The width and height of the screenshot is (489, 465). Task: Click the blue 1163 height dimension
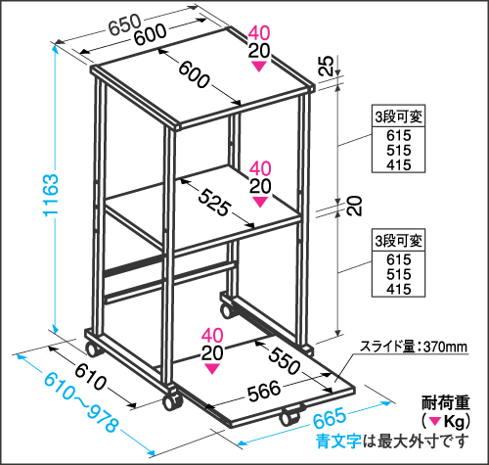[x=51, y=195]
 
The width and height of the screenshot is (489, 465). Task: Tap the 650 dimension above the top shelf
[x=124, y=23]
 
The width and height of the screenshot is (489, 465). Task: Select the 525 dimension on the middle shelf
[x=214, y=203]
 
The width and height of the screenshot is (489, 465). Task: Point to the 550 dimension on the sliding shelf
[x=284, y=360]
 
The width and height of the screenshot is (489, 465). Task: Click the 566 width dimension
[x=264, y=390]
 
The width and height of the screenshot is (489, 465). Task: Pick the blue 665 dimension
[x=330, y=417]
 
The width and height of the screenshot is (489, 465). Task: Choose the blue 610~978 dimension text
[x=80, y=402]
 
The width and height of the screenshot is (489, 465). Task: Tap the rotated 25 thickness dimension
[x=326, y=66]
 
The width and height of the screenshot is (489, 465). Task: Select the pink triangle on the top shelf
[x=258, y=67]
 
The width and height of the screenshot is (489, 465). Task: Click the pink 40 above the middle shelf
[x=260, y=168]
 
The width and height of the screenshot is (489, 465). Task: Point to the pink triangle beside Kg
[x=434, y=421]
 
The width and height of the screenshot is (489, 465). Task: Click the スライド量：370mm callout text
[x=413, y=347]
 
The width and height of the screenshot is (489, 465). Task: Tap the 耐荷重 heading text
[x=445, y=402]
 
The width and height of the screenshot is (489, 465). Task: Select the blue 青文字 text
[x=338, y=442]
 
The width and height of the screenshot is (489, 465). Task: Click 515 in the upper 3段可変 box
[x=399, y=150]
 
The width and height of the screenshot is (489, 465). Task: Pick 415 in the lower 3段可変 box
[x=399, y=289]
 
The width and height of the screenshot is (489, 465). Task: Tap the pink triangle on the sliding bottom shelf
[x=212, y=369]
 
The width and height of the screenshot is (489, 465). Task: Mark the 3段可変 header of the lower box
[x=398, y=241]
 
